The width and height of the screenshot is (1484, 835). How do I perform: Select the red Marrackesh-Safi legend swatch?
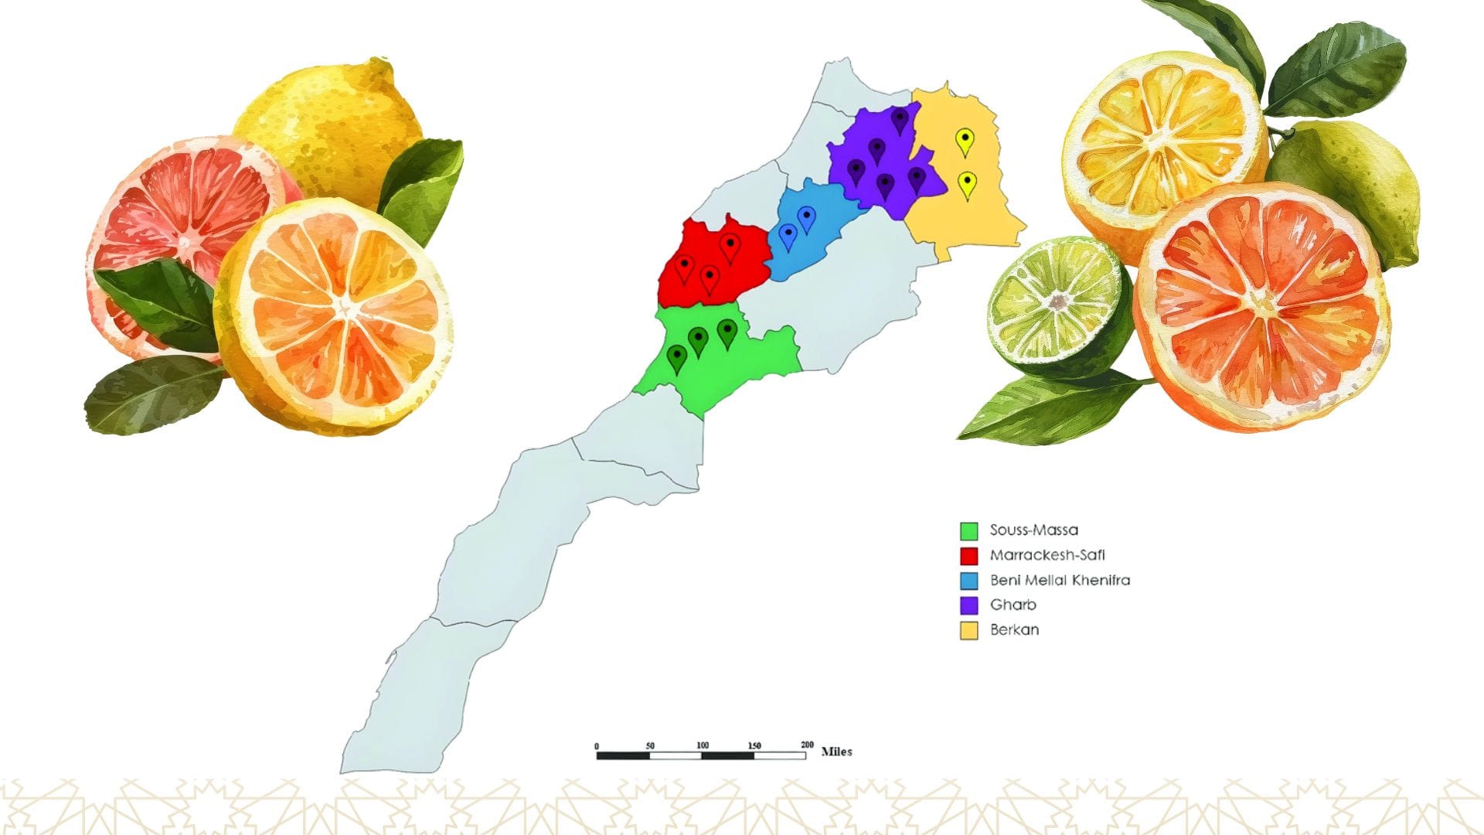pos(968,556)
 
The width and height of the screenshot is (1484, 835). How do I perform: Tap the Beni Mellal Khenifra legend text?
pos(1060,580)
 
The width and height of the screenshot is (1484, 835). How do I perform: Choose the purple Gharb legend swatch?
pos(968,605)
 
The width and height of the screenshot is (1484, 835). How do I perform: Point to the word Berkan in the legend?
pos(1014,630)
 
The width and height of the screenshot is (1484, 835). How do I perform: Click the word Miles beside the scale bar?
pos(836,751)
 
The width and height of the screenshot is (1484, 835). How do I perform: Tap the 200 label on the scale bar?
pos(807,745)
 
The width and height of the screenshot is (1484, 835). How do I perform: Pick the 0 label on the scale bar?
pos(597,746)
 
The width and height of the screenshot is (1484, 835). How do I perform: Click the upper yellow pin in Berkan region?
pos(965,140)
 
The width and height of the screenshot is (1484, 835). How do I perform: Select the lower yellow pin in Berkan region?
pos(967,183)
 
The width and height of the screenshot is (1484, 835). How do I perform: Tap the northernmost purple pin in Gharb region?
pos(900,119)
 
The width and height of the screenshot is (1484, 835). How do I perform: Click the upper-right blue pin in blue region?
pos(807,217)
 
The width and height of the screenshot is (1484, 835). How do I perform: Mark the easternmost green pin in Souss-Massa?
pos(727,332)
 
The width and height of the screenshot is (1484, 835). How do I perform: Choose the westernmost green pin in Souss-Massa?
pos(677,357)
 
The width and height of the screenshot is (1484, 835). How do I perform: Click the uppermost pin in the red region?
pos(730,246)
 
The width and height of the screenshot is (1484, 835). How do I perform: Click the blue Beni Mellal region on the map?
pos(812,240)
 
